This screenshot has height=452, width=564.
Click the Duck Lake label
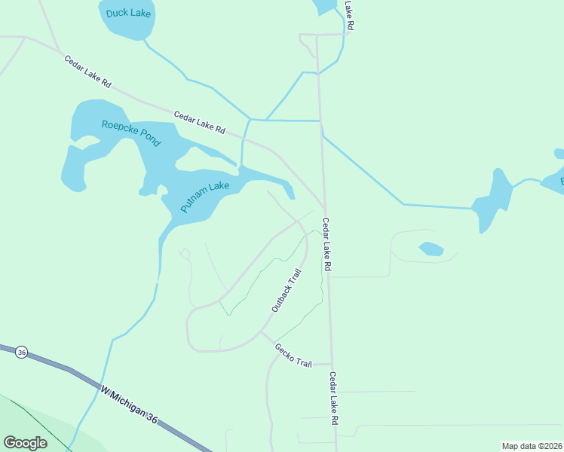coord(128,14)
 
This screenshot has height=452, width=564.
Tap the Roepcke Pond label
coord(132,134)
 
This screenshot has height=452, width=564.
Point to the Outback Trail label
coord(287,291)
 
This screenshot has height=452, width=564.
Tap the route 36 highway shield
coord(22,353)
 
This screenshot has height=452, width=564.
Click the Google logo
coord(25,443)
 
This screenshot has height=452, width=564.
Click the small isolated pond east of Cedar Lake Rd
coord(431,249)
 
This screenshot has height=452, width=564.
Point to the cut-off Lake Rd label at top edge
coord(349,14)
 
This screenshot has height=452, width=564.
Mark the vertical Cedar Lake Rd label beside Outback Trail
coord(326,245)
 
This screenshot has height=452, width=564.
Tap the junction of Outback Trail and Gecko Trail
coord(261,331)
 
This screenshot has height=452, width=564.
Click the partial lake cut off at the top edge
coord(325,6)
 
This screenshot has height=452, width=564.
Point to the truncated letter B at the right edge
coord(561,181)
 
